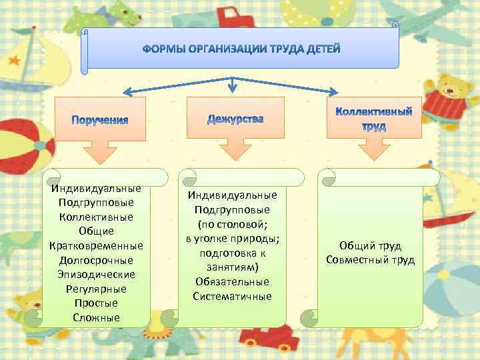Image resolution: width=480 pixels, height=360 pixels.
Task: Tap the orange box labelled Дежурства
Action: [235, 119]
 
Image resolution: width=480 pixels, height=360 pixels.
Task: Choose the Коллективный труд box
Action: [374, 119]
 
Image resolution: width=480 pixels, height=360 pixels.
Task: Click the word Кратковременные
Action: [96, 245]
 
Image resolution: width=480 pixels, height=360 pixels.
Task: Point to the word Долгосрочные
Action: [96, 260]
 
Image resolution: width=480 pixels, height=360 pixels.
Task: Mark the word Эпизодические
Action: [96, 274]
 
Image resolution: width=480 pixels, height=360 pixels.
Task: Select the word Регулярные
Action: [96, 289]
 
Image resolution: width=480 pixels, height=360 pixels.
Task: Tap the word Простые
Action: [96, 303]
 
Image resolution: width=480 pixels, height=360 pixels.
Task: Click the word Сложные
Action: [96, 317]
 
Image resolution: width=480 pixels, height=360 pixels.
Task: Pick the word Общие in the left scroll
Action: [96, 231]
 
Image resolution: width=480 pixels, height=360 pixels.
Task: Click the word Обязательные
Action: [233, 281]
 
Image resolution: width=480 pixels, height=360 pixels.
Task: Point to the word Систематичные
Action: [233, 296]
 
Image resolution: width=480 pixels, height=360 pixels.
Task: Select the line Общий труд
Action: [370, 245]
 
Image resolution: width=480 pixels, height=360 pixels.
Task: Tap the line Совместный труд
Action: [370, 259]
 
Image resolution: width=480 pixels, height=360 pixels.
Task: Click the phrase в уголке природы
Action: [233, 239]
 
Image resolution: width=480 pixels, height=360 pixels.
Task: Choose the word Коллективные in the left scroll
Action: [96, 217]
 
